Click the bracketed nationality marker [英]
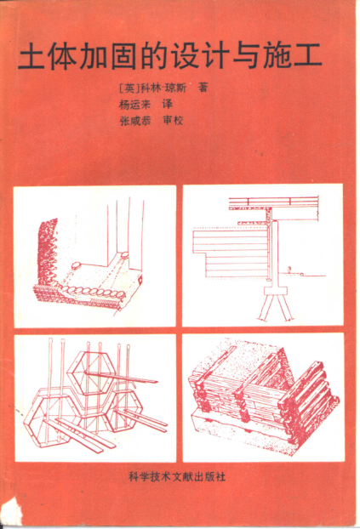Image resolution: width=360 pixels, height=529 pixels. (128, 88)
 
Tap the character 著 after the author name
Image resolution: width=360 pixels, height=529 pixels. (203, 88)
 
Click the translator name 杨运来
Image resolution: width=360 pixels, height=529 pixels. (134, 105)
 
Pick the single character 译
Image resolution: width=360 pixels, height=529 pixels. (167, 105)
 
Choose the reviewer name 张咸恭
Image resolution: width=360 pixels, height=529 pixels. (135, 121)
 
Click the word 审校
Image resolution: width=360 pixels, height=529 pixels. (173, 121)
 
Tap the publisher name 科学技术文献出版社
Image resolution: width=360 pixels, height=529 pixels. (177, 476)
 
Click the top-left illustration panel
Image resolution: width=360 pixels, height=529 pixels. (95, 256)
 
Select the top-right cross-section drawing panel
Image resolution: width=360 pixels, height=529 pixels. (263, 255)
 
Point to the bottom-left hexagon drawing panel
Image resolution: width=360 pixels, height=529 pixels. (95, 398)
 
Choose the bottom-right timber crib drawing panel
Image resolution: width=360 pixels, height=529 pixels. (264, 397)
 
